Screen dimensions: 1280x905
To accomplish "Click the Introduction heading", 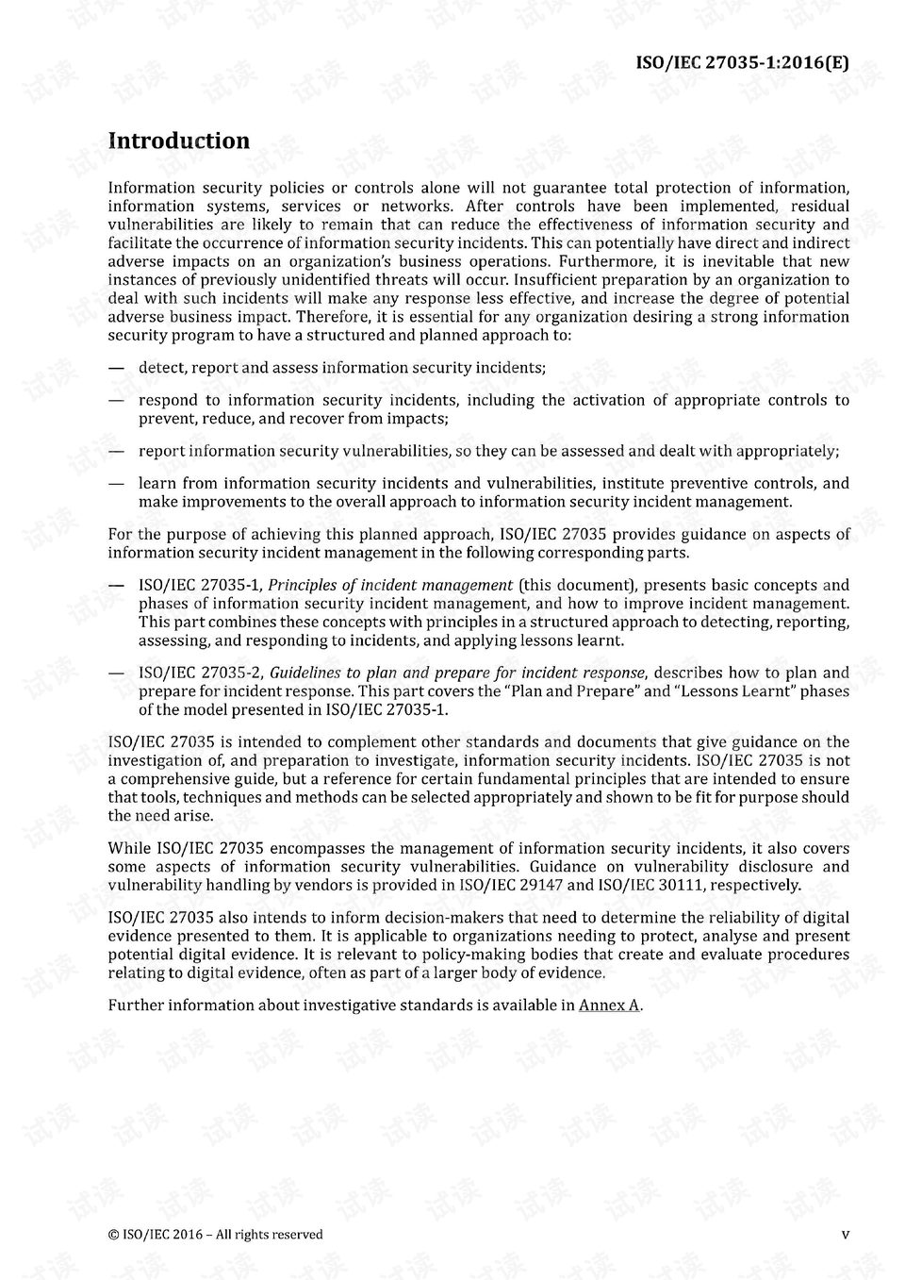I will pos(179,141).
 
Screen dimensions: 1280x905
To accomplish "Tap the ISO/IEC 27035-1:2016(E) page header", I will pos(742,63).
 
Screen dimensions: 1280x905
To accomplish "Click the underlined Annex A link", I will pos(609,1006).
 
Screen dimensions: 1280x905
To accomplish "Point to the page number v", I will pos(845,1234).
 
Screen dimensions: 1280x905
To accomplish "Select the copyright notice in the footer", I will pos(215,1234).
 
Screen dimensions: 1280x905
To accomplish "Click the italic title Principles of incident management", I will pos(390,585).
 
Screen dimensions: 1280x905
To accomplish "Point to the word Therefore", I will pos(334,317).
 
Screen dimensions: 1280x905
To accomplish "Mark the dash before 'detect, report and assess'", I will pos(116,368).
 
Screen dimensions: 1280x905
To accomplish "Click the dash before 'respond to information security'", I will pos(116,400).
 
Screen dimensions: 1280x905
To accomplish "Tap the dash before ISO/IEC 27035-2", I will pos(116,673).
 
